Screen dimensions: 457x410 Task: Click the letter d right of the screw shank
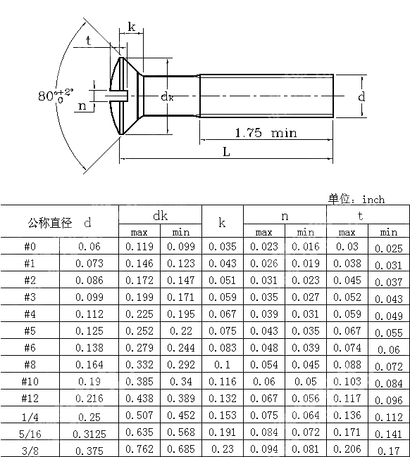[x=361, y=96]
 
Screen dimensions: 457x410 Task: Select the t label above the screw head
[x=88, y=41]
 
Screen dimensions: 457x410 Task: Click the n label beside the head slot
[x=82, y=106]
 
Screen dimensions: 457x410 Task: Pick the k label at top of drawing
[x=132, y=27]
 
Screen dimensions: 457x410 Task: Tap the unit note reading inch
[x=356, y=200]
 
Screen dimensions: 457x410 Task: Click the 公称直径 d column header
[x=60, y=223]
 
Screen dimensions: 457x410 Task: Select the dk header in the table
[x=160, y=215]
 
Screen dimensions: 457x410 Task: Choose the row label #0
[x=30, y=247]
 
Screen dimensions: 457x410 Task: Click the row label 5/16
[x=30, y=432]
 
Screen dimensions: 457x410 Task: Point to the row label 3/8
[x=30, y=449]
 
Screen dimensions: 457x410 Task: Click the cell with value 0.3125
[x=89, y=432]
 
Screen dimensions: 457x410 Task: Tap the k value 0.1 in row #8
[x=223, y=365]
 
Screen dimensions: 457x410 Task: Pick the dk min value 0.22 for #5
[x=181, y=331]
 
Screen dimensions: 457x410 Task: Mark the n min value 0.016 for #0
[x=305, y=247]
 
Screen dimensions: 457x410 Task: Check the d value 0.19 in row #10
[x=89, y=382]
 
